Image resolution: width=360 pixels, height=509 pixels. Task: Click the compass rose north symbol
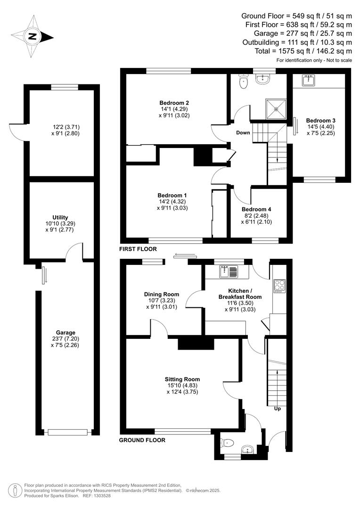32,36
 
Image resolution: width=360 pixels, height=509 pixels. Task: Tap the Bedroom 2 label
174,103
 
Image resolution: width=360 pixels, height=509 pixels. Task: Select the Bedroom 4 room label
256,209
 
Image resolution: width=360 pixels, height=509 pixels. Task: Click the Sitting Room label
182,379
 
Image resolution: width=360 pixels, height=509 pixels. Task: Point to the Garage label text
65,332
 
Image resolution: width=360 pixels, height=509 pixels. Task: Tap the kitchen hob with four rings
279,286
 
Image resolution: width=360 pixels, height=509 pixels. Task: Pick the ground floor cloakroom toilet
228,443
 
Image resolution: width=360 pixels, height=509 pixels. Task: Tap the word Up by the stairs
278,409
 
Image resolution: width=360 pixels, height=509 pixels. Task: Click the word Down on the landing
243,132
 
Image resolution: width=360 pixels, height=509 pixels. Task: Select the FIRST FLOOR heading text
138,249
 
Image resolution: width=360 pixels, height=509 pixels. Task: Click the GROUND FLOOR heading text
142,440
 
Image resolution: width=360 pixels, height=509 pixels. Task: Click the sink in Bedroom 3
309,81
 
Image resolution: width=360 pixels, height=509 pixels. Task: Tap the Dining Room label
162,294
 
